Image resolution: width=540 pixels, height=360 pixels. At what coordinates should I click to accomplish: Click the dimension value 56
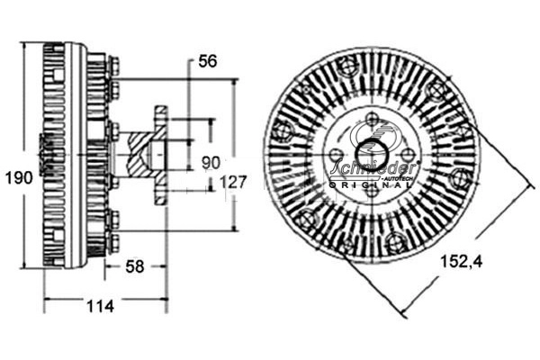[x=208, y=61]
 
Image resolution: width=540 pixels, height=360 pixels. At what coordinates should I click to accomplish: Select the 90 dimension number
[x=211, y=162]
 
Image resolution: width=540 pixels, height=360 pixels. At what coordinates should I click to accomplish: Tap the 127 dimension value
[x=234, y=182]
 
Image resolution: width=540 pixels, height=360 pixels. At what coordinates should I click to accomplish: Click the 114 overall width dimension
[x=100, y=306]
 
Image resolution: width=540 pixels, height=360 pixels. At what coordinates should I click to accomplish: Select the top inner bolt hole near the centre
[x=373, y=118]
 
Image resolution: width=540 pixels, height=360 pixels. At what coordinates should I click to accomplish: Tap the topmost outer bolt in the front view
[x=347, y=65]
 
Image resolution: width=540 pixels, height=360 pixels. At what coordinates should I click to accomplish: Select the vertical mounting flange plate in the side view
[x=161, y=154]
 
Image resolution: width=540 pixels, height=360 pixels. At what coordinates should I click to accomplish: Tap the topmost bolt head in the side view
[x=113, y=65]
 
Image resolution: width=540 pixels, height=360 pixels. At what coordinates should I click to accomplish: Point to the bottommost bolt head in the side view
[x=113, y=242]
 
